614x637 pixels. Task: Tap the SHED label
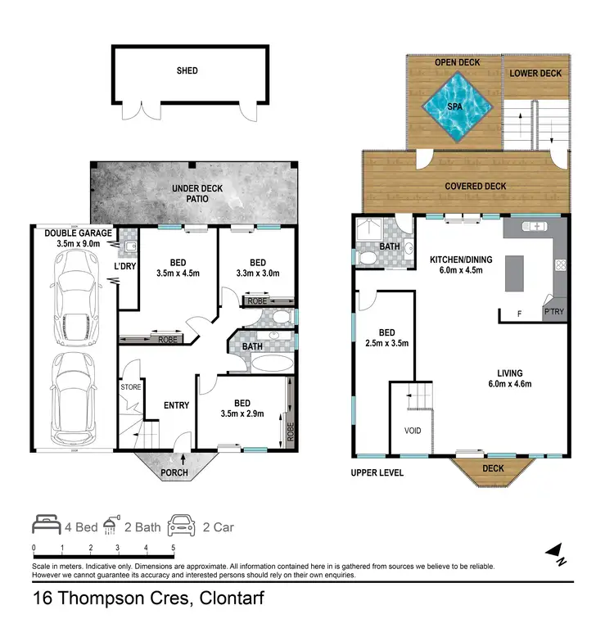(x=187, y=71)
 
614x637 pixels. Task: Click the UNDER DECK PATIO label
(x=197, y=194)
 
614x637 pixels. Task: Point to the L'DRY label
(x=124, y=267)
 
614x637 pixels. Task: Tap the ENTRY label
(x=177, y=405)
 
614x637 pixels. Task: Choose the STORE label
(x=131, y=386)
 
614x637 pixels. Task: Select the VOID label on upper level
(x=413, y=429)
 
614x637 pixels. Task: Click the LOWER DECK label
(x=535, y=74)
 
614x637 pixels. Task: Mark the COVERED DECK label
(x=475, y=186)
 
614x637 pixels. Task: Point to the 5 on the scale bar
(x=173, y=548)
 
